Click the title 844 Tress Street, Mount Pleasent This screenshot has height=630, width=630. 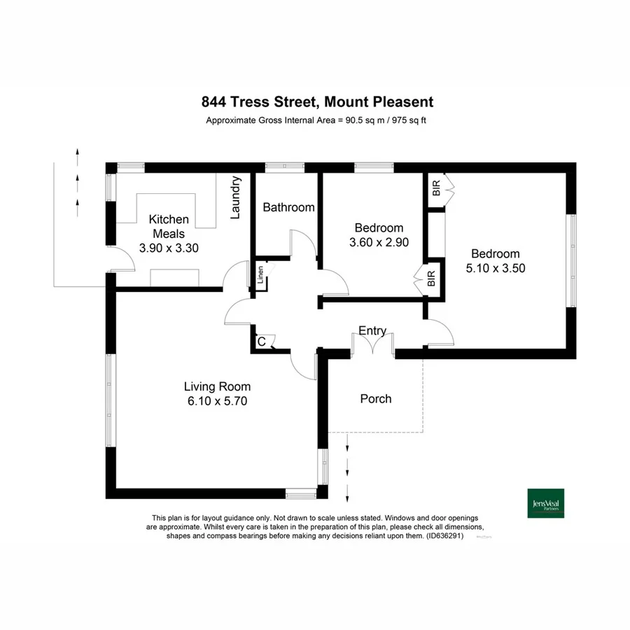pos(317,102)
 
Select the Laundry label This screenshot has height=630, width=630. pos(236,197)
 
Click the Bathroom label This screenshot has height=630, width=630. pos(288,207)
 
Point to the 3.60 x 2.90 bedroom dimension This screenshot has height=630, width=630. pos(379,242)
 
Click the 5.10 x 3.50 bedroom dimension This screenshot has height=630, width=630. pos(495,267)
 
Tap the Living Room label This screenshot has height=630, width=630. pos(217,386)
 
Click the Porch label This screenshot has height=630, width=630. pos(376,399)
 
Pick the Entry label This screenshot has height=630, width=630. pos(372,331)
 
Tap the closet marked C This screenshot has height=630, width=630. pos(261,342)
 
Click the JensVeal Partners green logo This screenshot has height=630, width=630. pos(545,503)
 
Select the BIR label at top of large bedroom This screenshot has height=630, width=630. pos(436,188)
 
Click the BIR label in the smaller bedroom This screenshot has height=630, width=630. pos(431,278)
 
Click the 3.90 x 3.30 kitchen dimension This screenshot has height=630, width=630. pos(169,247)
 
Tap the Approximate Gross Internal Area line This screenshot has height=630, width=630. pos(316,120)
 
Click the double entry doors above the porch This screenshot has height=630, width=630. pos(373,344)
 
